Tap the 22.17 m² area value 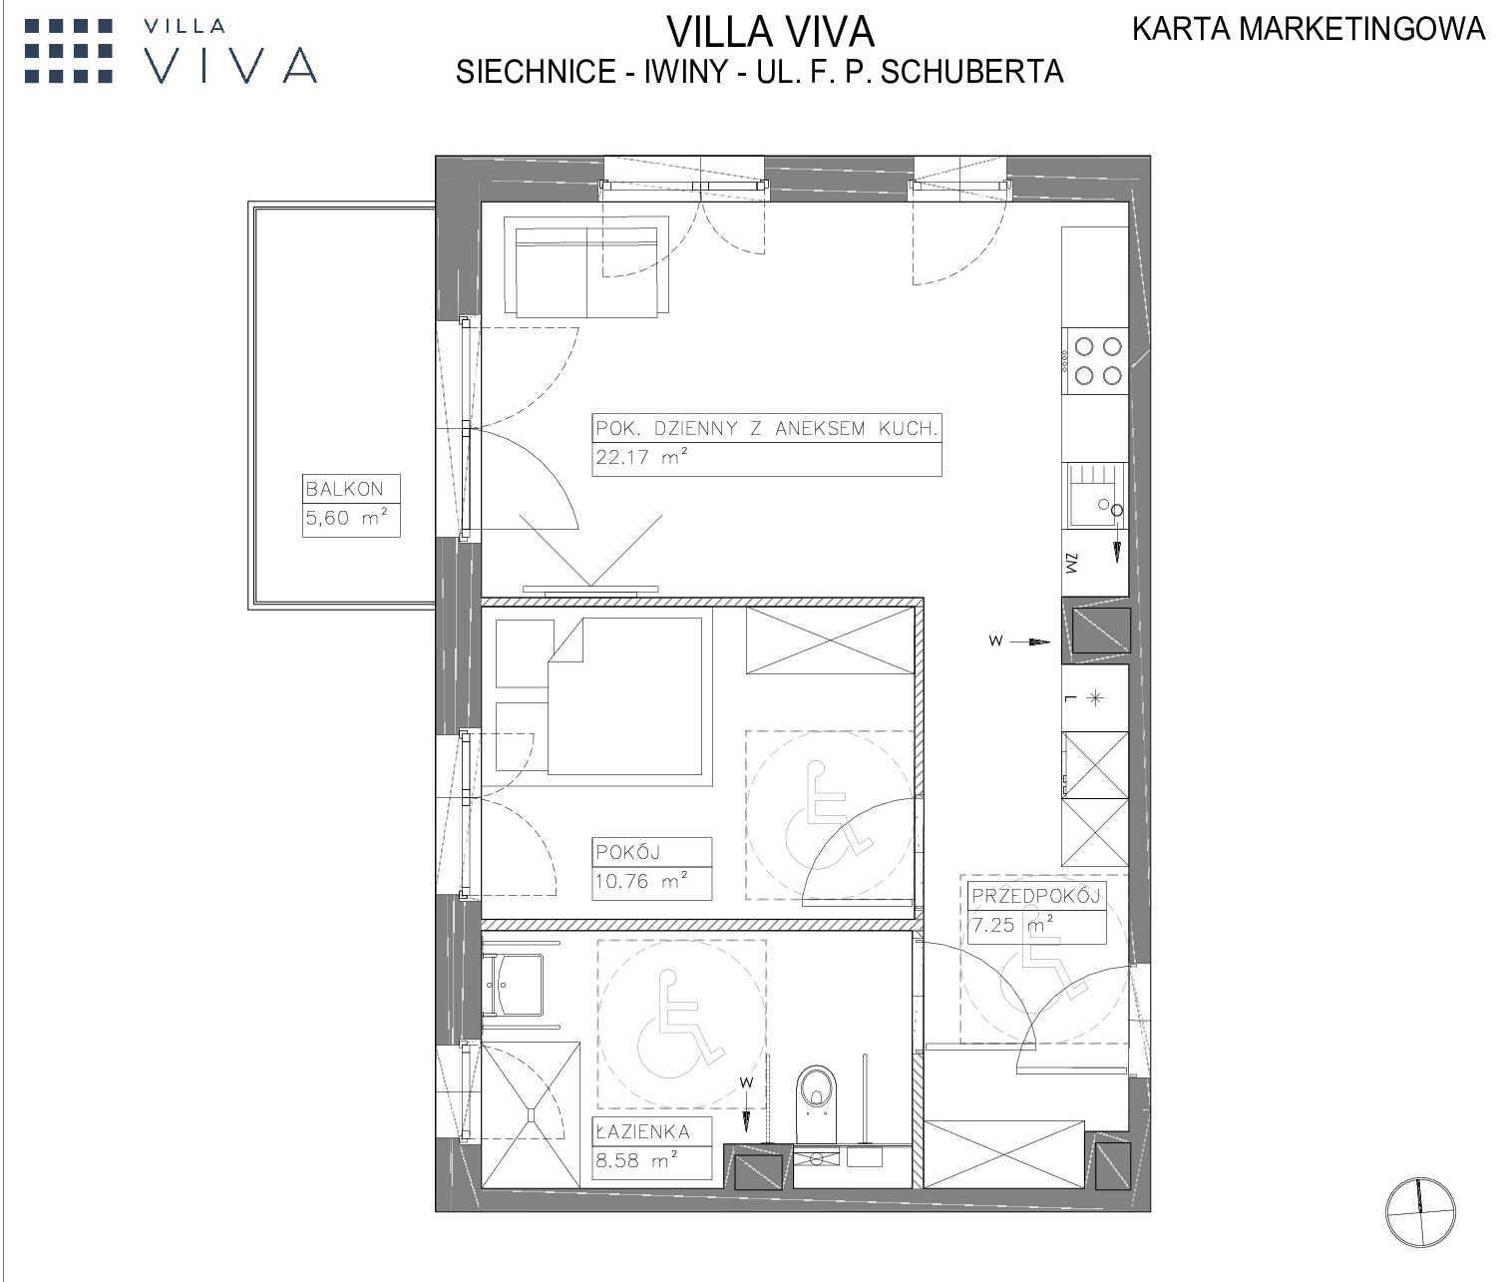click(x=642, y=457)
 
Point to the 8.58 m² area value click(x=636, y=1160)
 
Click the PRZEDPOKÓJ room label click(x=1036, y=896)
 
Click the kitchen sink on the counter click(x=1094, y=495)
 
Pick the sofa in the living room click(x=586, y=267)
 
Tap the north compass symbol click(x=1419, y=1212)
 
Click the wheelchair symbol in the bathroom click(x=681, y=1024)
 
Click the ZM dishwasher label click(x=1071, y=563)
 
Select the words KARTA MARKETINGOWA click(x=1309, y=29)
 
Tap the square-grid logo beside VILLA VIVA click(x=69, y=51)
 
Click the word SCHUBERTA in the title click(x=971, y=72)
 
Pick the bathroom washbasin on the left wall click(x=514, y=985)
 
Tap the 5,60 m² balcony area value click(x=346, y=517)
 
